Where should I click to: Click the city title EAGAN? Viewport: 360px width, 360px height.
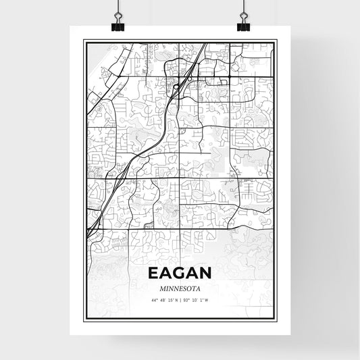click(x=180, y=274)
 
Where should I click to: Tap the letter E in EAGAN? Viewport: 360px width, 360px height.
click(x=151, y=274)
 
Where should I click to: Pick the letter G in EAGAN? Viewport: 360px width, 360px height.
click(x=180, y=274)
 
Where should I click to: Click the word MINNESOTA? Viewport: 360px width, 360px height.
click(x=180, y=288)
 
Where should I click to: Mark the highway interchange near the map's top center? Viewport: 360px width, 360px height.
click(x=177, y=86)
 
